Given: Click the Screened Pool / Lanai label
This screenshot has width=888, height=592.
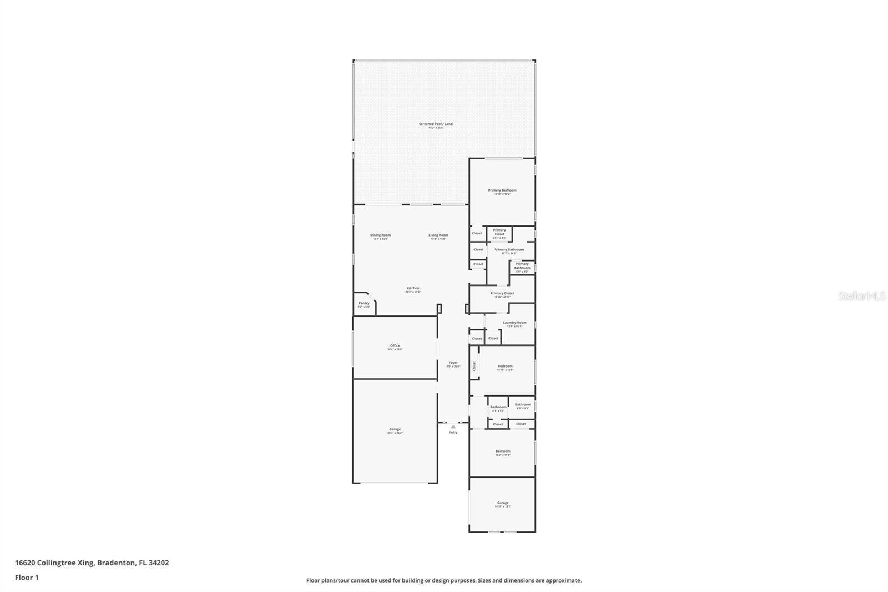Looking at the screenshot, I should click(436, 124).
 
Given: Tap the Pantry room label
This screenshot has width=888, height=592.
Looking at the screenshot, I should click(364, 303).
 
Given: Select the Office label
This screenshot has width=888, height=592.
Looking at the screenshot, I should click(395, 345).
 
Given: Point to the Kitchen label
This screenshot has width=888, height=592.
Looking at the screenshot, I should click(413, 288).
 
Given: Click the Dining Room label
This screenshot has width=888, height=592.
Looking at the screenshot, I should click(380, 235).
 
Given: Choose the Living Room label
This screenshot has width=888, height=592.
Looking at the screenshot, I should click(438, 235).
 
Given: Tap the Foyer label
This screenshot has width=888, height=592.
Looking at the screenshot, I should click(453, 363).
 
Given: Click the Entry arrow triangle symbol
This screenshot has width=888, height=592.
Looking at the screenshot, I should click(453, 427).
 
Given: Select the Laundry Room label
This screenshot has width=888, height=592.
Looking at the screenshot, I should click(514, 323).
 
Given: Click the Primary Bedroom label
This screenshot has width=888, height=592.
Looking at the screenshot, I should click(502, 190).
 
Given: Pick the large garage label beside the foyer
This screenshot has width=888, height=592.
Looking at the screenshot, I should click(395, 429).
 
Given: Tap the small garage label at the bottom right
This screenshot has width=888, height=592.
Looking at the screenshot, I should click(503, 503).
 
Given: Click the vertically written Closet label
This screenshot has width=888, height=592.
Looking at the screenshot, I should click(474, 366).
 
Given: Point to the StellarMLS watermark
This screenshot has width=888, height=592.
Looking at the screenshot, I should click(862, 297).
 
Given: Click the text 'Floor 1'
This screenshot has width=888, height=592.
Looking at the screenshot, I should click(27, 578).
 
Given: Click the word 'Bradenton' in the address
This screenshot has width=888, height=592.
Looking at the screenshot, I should click(116, 563).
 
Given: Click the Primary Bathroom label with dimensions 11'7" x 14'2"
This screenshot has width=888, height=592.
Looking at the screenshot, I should click(508, 250).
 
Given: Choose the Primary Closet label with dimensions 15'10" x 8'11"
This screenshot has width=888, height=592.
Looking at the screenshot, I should click(502, 293).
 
